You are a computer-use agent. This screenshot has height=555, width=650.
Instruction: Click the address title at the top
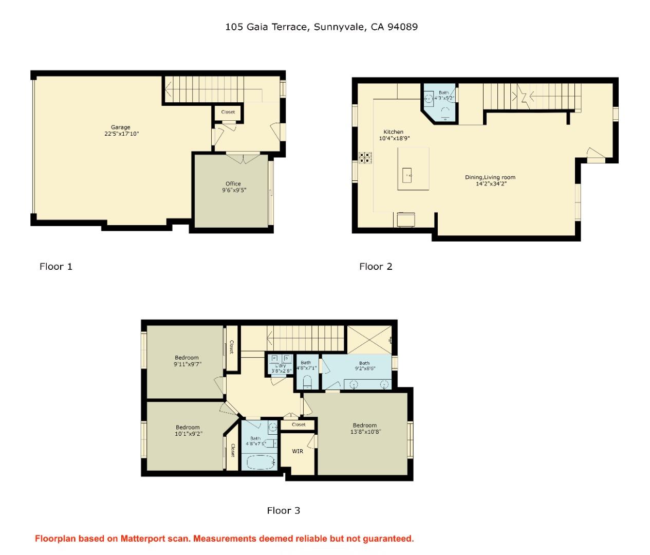pyautogui.click(x=321, y=27)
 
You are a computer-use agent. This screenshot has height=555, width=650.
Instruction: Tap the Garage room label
pyautogui.click(x=121, y=131)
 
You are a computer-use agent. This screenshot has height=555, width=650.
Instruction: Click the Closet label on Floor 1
pyautogui.click(x=228, y=112)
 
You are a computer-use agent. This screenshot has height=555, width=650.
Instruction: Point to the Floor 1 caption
pyautogui.click(x=56, y=266)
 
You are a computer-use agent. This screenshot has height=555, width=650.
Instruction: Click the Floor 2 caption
pyautogui.click(x=376, y=266)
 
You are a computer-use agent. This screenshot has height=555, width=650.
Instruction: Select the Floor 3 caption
pyautogui.click(x=283, y=510)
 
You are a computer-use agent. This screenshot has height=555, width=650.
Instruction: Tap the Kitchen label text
pyautogui.click(x=394, y=132)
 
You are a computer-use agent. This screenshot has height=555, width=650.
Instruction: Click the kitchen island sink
pyautogui.click(x=407, y=175)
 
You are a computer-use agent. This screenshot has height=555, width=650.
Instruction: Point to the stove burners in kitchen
pyautogui.click(x=365, y=158)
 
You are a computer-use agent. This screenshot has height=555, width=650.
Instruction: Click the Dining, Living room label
pyautogui.click(x=490, y=180)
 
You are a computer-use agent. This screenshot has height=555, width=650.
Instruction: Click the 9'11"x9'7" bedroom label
pyautogui.click(x=187, y=361)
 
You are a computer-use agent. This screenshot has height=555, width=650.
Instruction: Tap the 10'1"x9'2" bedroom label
pyautogui.click(x=188, y=430)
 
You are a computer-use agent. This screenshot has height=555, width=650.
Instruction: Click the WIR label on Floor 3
pyautogui.click(x=298, y=451)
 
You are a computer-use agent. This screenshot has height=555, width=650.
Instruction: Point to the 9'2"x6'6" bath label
pyautogui.click(x=364, y=365)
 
